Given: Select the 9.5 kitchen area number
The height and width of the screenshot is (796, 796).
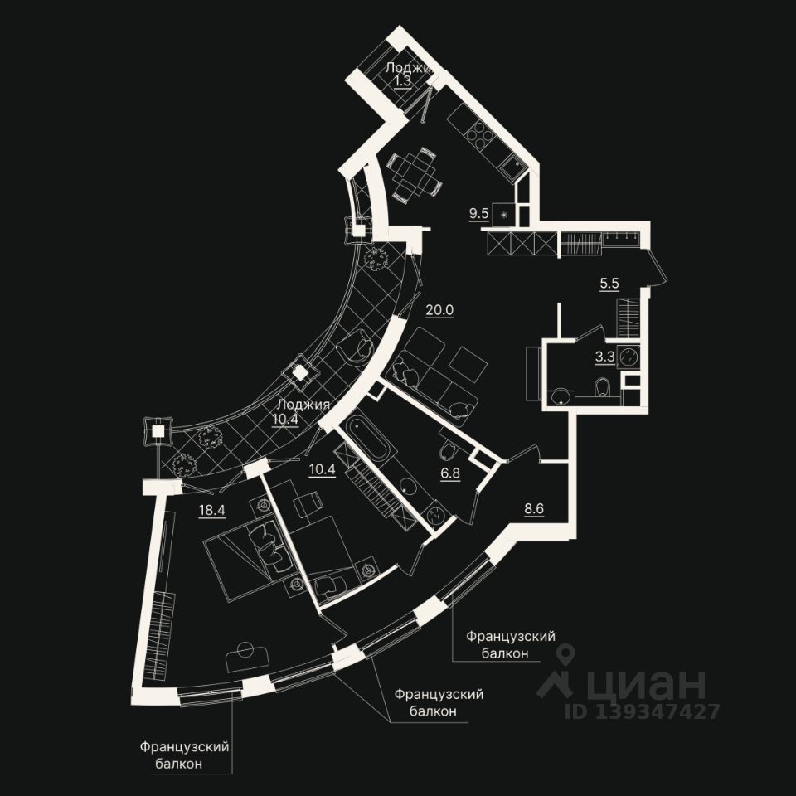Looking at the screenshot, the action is tap(478, 213).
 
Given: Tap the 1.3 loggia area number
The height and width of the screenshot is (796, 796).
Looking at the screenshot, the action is tap(402, 81).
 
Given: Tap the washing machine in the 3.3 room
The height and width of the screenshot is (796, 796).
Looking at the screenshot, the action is tap(633, 357).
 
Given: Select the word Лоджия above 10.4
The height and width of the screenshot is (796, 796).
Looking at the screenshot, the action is tap(303, 405).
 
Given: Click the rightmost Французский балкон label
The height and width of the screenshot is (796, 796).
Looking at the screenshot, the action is tap(510, 644).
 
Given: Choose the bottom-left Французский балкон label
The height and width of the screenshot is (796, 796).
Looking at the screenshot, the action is tap(184, 755).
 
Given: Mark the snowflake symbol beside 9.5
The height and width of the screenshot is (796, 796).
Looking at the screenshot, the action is tap(502, 214).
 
